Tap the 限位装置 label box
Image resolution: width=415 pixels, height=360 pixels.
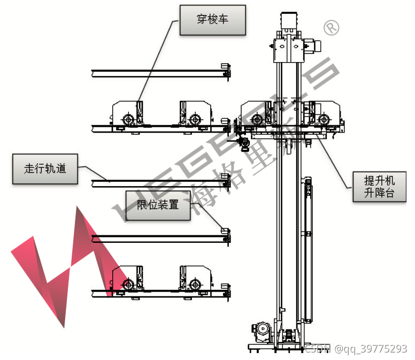tap(158, 204)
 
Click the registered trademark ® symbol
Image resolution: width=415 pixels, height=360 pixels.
tap(332, 27)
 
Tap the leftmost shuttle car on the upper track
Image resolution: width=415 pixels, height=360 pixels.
tap(127, 114)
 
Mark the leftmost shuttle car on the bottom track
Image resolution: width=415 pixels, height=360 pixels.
tap(127, 280)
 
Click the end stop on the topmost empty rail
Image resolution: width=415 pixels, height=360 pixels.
tap(226, 70)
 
